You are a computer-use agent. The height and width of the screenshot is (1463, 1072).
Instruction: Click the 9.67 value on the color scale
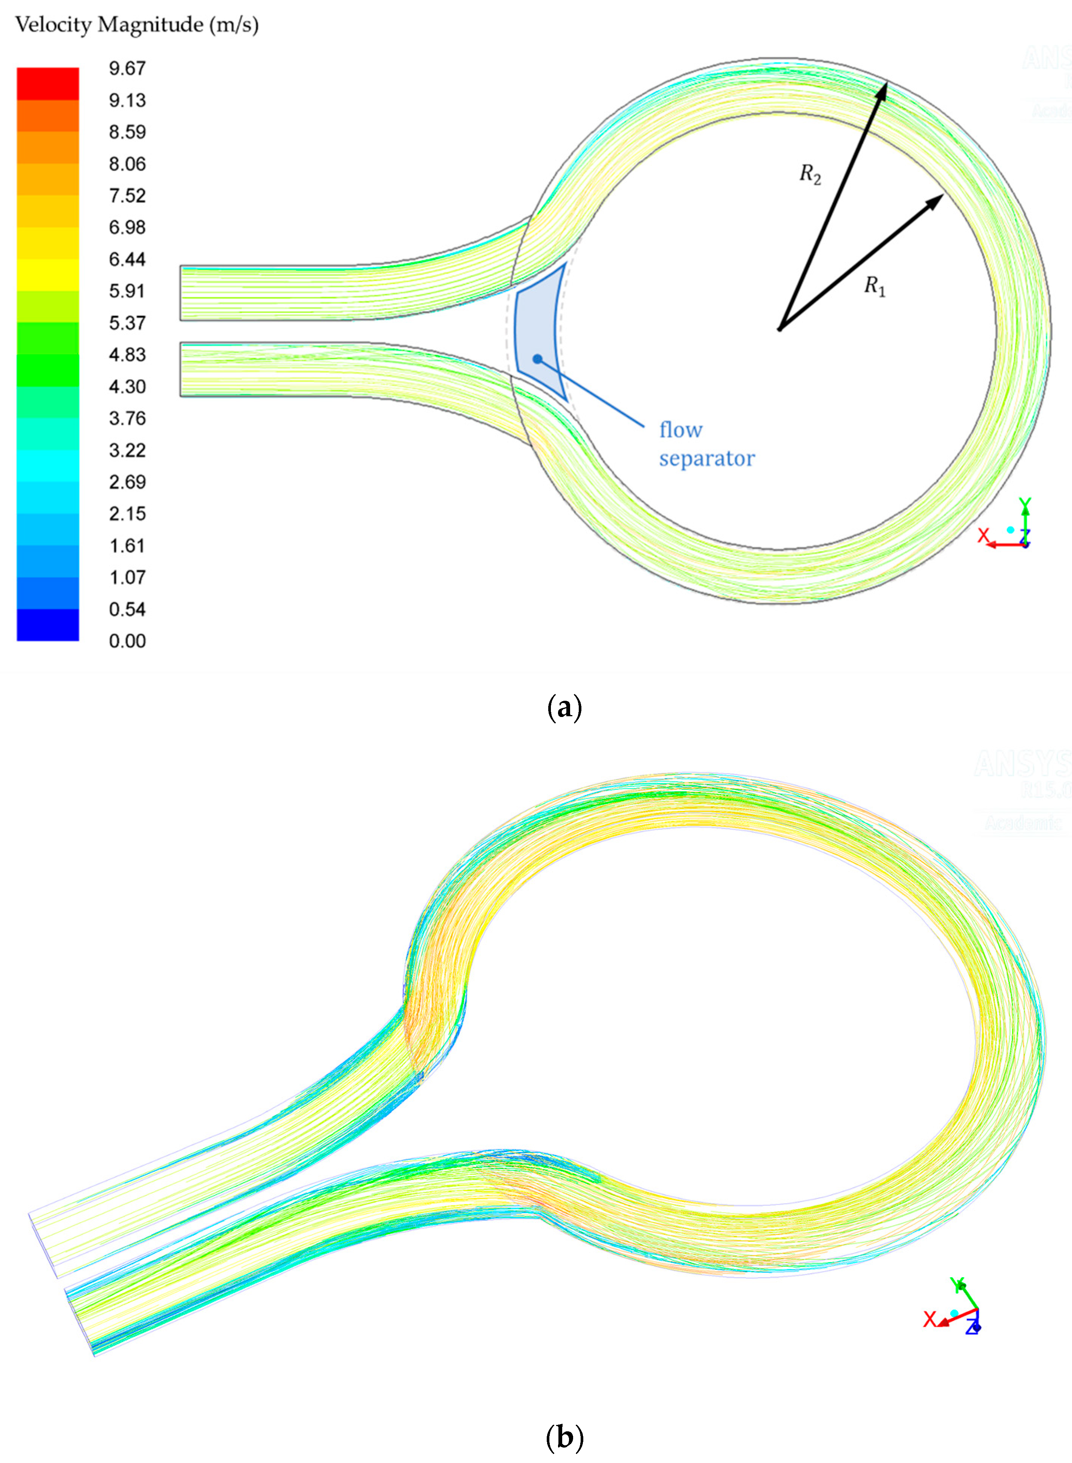127,68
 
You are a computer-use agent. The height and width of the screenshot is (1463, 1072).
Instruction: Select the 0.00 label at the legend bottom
127,641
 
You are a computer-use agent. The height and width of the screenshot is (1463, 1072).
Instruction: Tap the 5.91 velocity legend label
127,291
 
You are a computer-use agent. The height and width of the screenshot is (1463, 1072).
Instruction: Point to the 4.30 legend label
127,387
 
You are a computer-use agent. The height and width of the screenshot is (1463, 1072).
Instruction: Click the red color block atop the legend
48,83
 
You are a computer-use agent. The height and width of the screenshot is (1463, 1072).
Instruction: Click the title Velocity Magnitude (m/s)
137,25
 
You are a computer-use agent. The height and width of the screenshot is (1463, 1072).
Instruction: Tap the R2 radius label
810,174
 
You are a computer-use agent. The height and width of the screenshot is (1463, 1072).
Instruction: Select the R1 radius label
874,286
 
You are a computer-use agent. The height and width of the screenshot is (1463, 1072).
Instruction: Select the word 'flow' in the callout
681,430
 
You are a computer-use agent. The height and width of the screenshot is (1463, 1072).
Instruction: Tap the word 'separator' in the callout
707,458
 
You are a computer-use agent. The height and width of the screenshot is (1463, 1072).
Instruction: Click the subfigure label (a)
564,707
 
